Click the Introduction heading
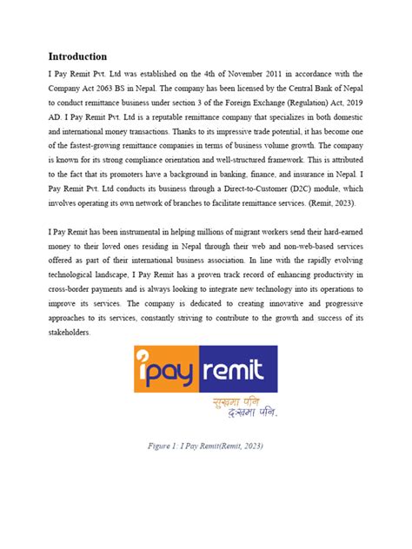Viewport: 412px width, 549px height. click(x=78, y=56)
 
